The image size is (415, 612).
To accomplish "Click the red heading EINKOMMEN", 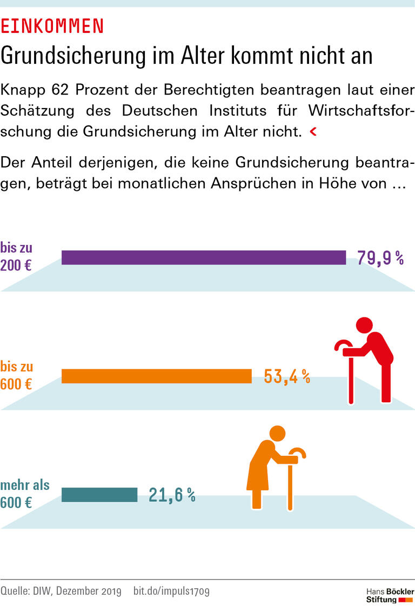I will pos(52,26).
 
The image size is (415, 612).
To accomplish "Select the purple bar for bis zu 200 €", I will pos(203,258).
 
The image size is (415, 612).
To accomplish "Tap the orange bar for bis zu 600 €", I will pos(156,376).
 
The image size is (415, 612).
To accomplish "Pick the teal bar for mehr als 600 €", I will pos(99,495).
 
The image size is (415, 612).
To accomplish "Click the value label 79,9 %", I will pos(380,258).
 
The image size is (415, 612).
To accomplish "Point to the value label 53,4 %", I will pos(286,376).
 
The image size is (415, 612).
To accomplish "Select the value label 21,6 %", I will pos(172,495).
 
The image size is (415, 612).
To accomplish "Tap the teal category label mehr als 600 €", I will pos(24,494).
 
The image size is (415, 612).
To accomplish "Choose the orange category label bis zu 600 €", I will pos(17,376).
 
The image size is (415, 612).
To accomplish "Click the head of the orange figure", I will pos(277,434).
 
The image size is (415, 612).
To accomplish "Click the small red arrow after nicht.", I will pos(312,132).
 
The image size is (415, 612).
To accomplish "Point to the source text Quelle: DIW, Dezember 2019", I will pos(61,591).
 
